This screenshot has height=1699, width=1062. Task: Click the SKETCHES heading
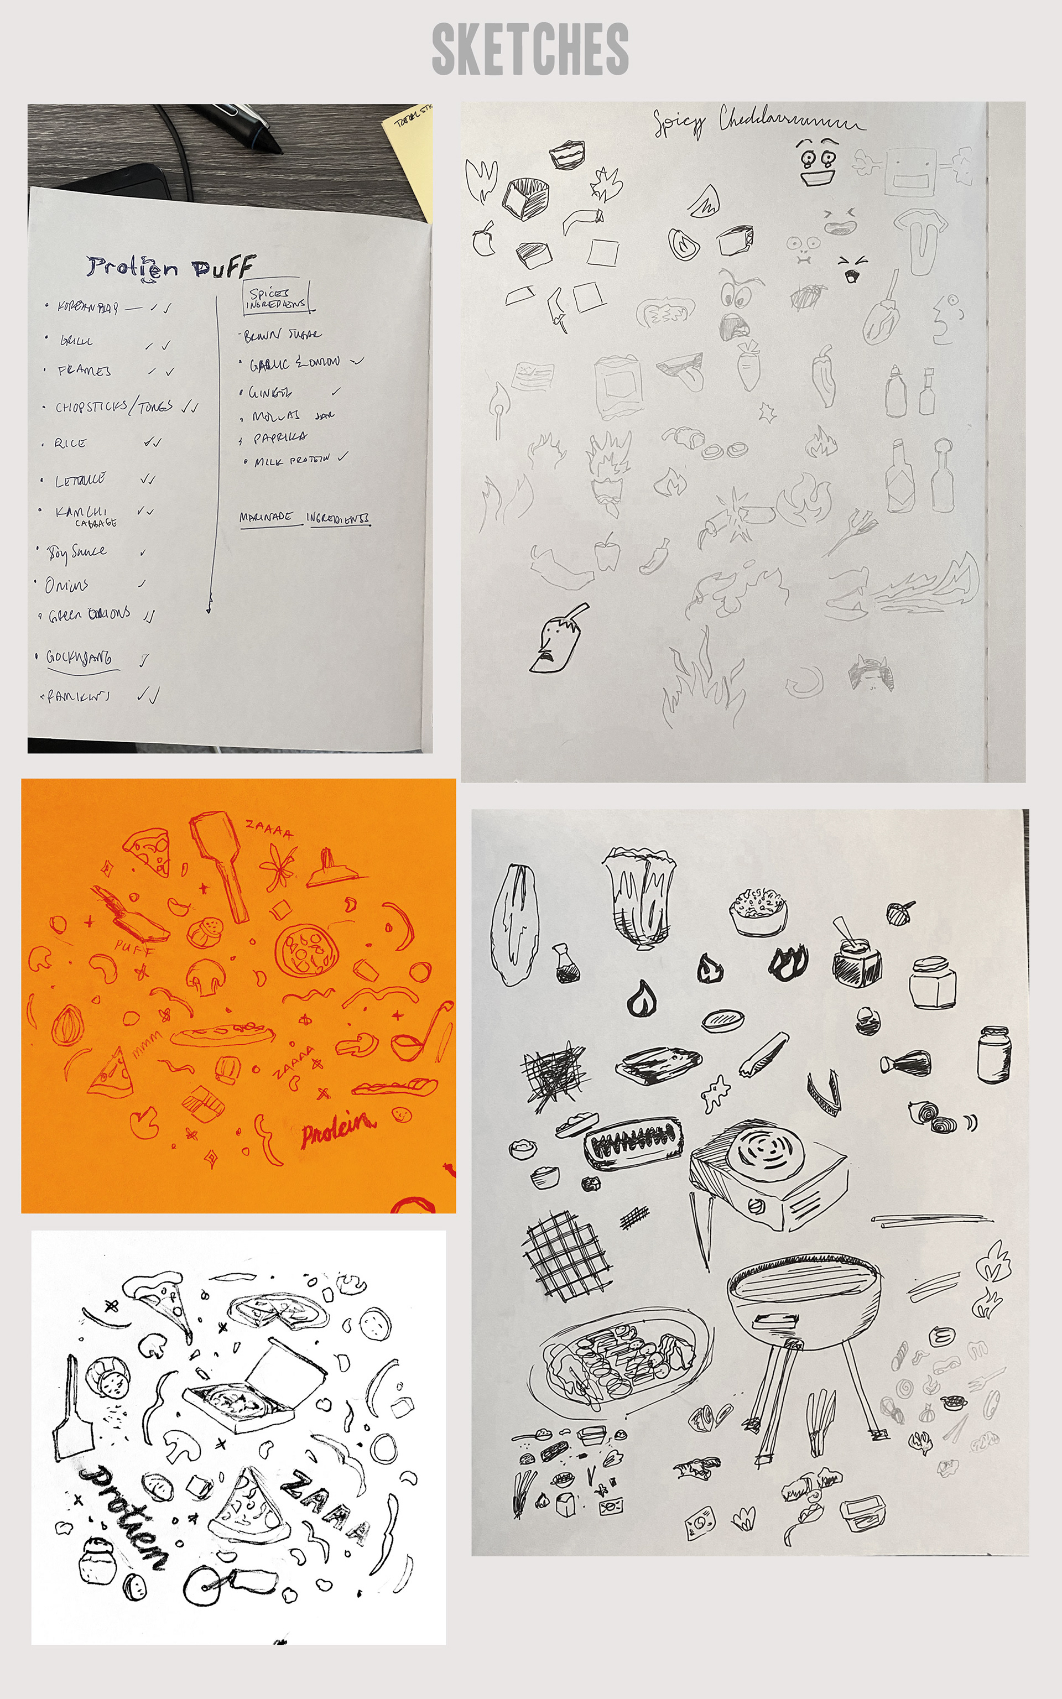point(530,49)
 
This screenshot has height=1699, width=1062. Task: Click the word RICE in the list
point(70,444)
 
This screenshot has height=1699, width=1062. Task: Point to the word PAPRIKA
point(280,437)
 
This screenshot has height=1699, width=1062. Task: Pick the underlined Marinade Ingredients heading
point(305,518)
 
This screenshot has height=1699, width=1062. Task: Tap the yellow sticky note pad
point(411,151)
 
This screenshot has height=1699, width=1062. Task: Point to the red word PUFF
point(133,948)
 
